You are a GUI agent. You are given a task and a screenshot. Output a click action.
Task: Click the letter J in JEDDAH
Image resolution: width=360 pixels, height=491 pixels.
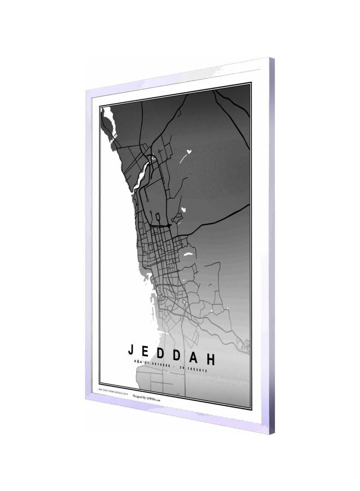coord(131,350)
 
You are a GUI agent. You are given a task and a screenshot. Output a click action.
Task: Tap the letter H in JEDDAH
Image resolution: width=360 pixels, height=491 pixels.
coord(211,359)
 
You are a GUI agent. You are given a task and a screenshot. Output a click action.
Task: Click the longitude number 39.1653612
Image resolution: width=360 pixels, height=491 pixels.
coord(193,369)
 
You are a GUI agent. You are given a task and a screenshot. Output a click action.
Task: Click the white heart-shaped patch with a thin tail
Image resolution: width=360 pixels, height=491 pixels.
coord(189,151)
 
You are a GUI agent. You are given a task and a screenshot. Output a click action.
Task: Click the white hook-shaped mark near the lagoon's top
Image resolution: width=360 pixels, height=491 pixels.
coord(155,158)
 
